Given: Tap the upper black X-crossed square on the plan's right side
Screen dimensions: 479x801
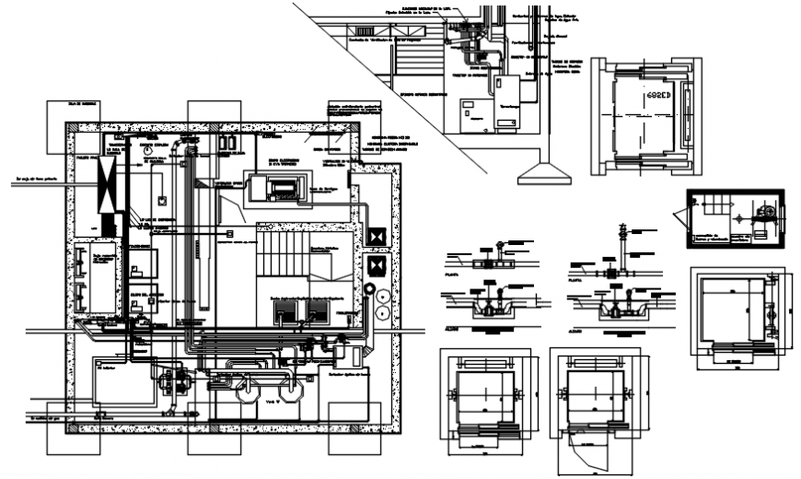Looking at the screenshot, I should (x=375, y=235).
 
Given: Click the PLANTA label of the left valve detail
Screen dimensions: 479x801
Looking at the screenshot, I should (x=452, y=274).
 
